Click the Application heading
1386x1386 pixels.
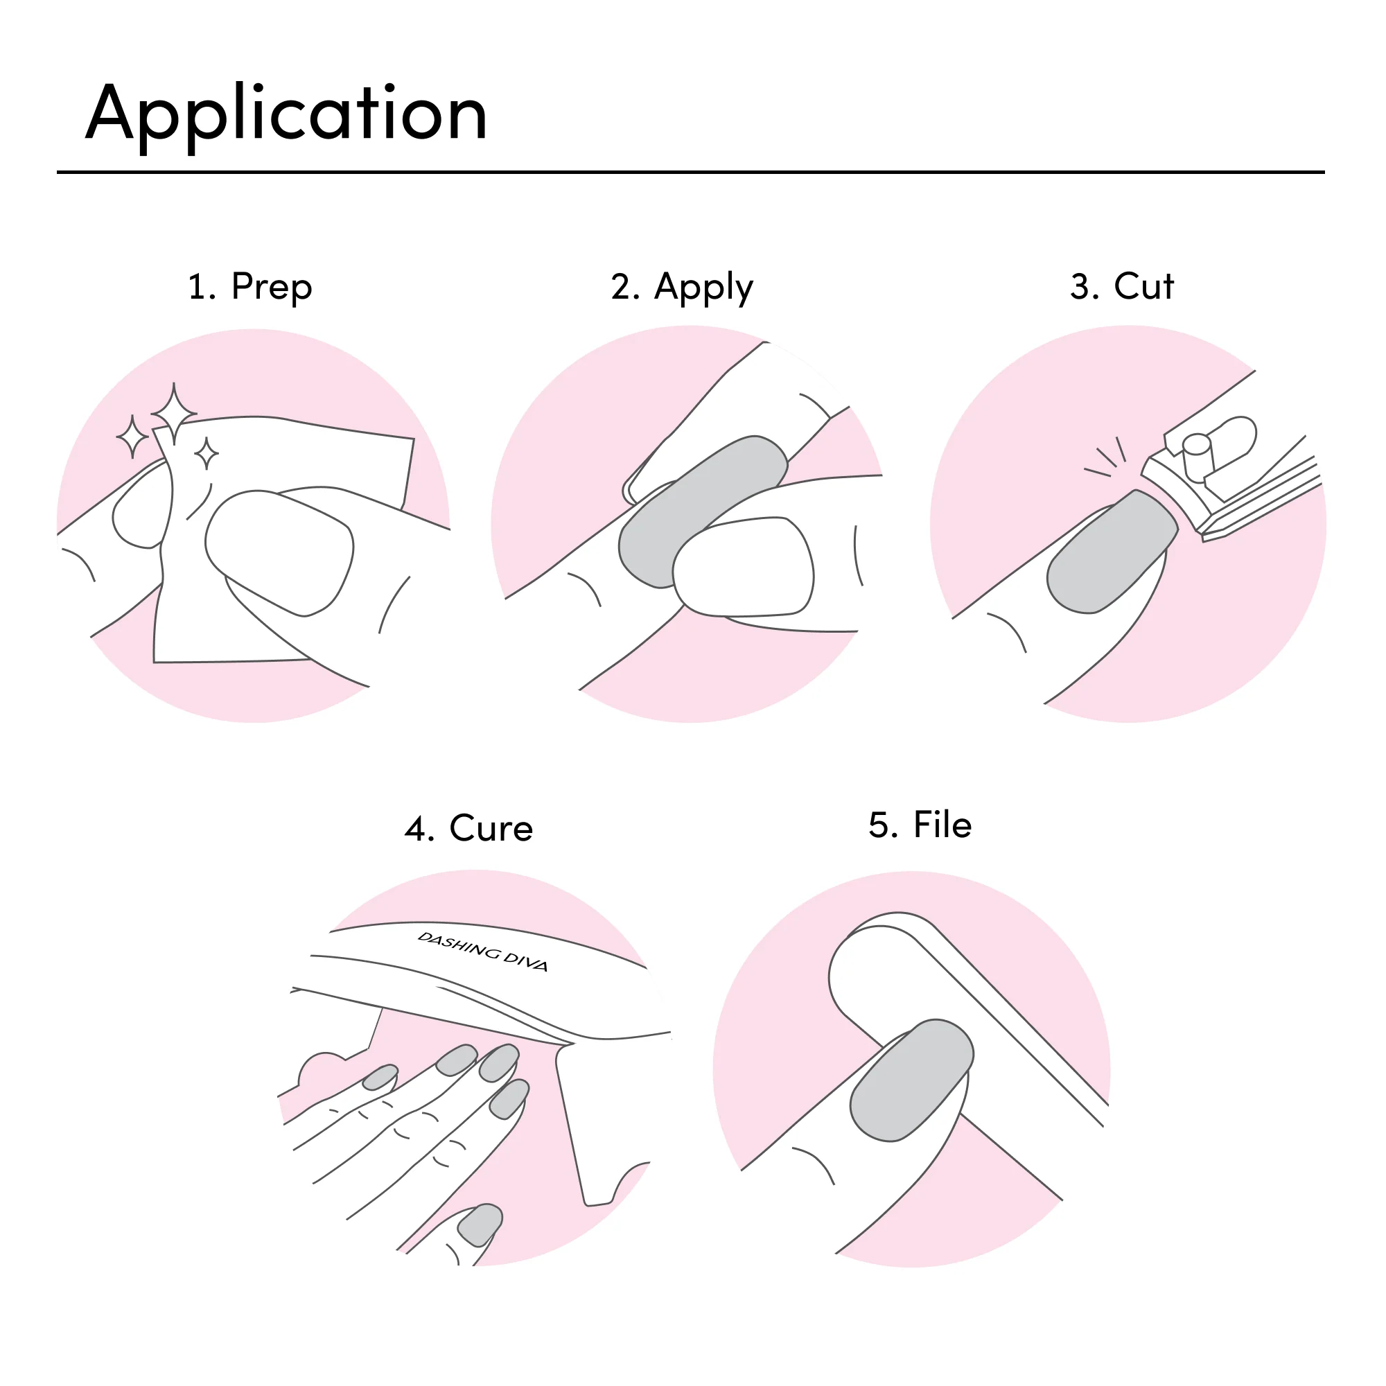(286, 115)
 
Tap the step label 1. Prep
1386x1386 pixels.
(249, 287)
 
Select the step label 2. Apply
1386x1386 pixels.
(682, 287)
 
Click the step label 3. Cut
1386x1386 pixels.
(1121, 286)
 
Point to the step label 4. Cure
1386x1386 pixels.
(468, 829)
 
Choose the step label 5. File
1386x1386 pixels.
(920, 825)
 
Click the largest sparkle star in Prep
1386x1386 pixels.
(174, 414)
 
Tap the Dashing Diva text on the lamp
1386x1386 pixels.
(483, 951)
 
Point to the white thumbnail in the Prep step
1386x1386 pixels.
(279, 553)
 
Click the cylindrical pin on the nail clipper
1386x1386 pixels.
(1198, 457)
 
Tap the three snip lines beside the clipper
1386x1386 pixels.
(1105, 456)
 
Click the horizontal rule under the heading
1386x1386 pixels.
(690, 172)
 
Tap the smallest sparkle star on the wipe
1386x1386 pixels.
(207, 453)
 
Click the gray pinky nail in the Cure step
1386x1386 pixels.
(380, 1077)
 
